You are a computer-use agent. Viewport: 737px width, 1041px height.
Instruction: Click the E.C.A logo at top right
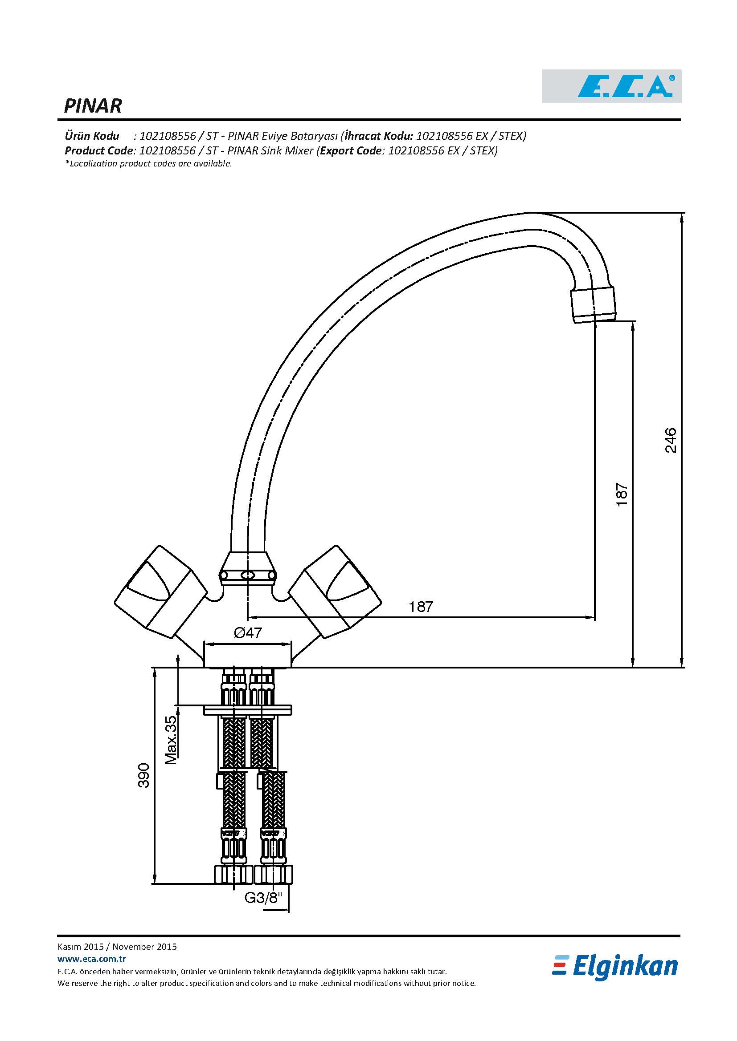pos(611,86)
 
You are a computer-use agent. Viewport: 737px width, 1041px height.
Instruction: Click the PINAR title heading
pos(93,106)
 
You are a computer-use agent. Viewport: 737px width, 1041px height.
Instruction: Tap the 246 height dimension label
pos(670,440)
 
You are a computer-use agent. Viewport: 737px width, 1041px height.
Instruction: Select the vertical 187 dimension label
pos(622,494)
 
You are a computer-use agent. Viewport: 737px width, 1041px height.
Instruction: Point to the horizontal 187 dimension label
pos(421,607)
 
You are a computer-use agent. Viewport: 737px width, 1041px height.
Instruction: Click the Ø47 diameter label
pos(248,632)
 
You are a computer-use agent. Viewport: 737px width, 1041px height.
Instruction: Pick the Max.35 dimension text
pos(171,740)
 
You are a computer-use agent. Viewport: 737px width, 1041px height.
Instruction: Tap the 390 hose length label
pos(143,775)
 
